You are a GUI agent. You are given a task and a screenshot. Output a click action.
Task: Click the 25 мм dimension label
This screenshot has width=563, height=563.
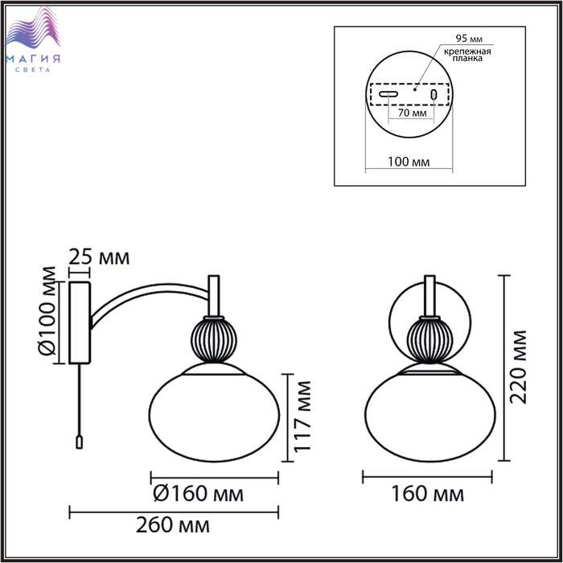click(x=99, y=257)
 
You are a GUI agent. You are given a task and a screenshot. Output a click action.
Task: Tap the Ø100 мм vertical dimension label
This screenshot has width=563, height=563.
click(x=47, y=311)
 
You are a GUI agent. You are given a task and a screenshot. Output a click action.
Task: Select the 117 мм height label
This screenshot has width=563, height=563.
click(x=302, y=416)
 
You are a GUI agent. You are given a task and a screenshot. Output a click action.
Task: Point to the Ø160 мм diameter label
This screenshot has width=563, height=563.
click(x=198, y=494)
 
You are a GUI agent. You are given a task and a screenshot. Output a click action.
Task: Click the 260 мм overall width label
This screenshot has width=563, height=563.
click(x=173, y=525)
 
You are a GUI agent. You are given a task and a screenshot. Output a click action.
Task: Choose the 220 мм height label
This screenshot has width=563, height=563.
click(x=518, y=367)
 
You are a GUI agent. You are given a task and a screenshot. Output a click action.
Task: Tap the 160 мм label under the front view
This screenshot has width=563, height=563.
click(x=427, y=494)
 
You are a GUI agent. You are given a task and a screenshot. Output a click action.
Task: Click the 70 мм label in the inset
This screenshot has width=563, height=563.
click(x=413, y=113)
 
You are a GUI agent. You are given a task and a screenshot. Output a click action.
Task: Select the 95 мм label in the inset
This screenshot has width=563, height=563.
click(x=469, y=38)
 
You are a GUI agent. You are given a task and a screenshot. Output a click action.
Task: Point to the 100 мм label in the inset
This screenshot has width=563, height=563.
click(x=409, y=162)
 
